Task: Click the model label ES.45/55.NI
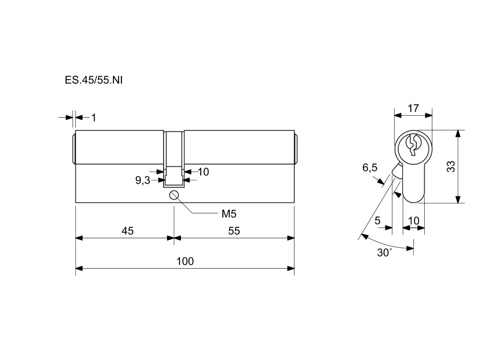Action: pyautogui.click(x=94, y=80)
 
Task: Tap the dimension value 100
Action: pyautogui.click(x=185, y=261)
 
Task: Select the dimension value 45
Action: pyautogui.click(x=128, y=231)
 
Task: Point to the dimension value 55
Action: pyautogui.click(x=234, y=231)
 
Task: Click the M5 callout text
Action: pyautogui.click(x=228, y=214)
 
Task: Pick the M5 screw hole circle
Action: pyautogui.click(x=174, y=195)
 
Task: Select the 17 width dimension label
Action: pyautogui.click(x=413, y=108)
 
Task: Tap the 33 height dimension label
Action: pyautogui.click(x=450, y=166)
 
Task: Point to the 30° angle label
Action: pyautogui.click(x=385, y=253)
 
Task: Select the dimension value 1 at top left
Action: pyautogui.click(x=93, y=118)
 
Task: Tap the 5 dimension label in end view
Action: pyautogui.click(x=377, y=220)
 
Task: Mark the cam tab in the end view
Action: pyautogui.click(x=397, y=171)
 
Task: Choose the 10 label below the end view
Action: pyautogui.click(x=414, y=220)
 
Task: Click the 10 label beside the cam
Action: pyautogui.click(x=203, y=172)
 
